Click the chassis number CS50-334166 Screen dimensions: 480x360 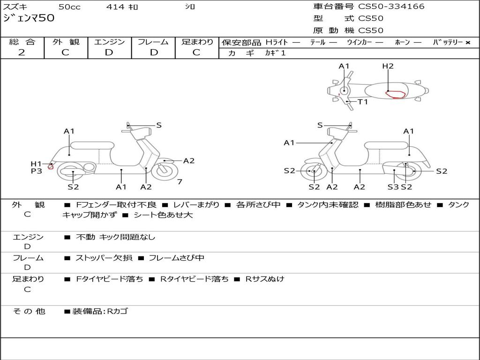[x=391, y=6]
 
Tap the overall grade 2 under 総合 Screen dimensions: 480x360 [x=22, y=52]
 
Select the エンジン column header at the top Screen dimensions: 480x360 [x=109, y=42]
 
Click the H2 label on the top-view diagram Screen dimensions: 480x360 [x=388, y=66]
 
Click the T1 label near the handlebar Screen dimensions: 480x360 [x=363, y=102]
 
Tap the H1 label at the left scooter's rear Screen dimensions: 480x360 [x=36, y=164]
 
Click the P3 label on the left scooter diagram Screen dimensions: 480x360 [x=37, y=171]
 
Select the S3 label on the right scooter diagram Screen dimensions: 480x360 [x=393, y=187]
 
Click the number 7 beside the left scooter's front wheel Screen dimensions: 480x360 [x=180, y=182]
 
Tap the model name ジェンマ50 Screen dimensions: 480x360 [x=29, y=18]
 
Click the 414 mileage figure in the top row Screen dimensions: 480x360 [x=115, y=7]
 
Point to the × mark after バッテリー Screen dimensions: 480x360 [x=468, y=43]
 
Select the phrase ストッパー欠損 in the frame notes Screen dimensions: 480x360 [x=104, y=258]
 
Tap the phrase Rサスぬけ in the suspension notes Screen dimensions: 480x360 [x=265, y=279]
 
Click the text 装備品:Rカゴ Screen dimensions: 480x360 [x=100, y=311]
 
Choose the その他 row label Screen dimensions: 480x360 [x=29, y=311]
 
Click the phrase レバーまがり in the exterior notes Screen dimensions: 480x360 [x=196, y=205]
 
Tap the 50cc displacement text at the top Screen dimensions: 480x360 [x=69, y=7]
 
